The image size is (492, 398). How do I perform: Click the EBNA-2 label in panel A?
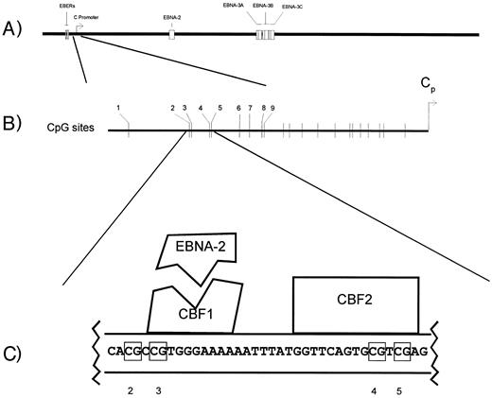[x=169, y=17]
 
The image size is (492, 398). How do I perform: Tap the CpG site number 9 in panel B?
[x=273, y=109]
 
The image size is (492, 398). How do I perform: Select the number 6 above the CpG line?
[x=238, y=109]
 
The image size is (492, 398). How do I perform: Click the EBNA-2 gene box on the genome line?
[x=171, y=34]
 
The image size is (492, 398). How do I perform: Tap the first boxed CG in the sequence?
[x=132, y=351]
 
